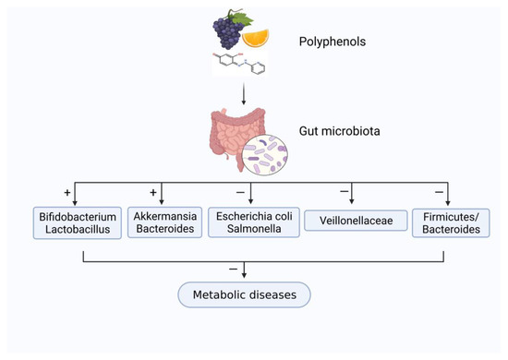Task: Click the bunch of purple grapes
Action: (224, 34)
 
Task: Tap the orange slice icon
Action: (258, 37)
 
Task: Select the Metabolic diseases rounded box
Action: (244, 294)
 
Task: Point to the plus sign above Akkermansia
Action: (152, 192)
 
